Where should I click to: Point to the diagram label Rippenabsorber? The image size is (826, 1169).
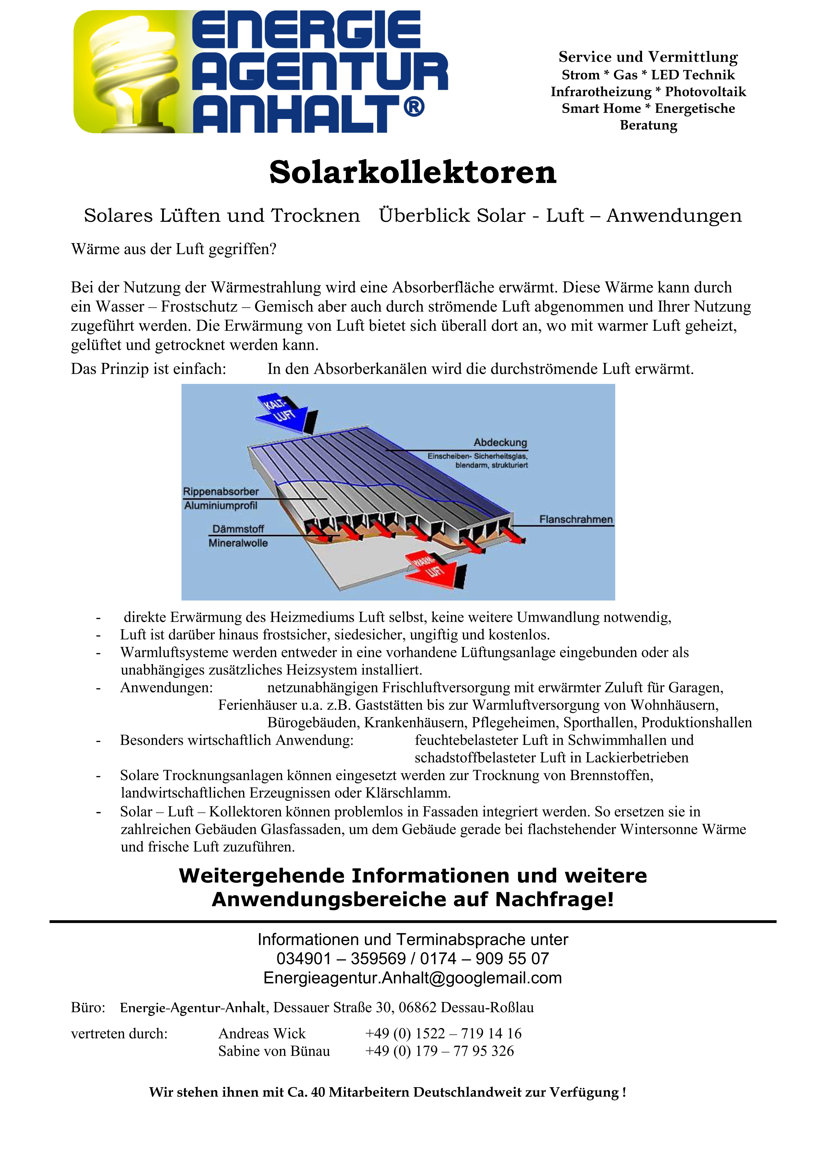(221, 491)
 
